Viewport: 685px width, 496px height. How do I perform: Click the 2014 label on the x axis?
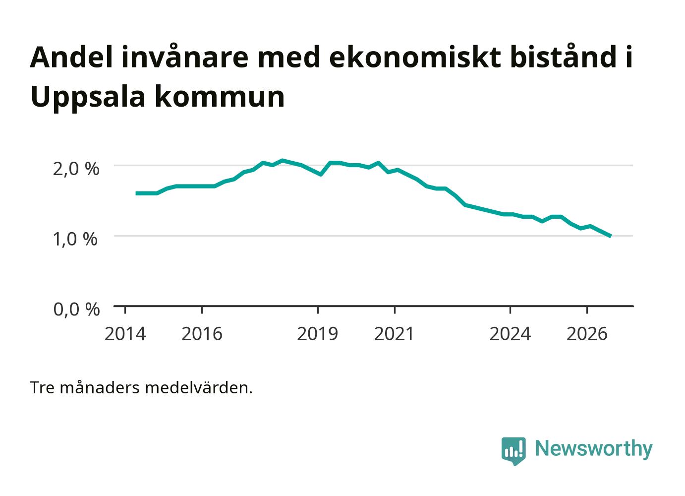click(x=125, y=334)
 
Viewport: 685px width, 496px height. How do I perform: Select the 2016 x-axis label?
click(x=202, y=334)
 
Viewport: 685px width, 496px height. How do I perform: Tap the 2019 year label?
click(x=317, y=334)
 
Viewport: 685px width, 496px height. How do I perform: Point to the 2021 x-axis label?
click(x=394, y=334)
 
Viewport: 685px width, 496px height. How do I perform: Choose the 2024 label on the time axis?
click(x=510, y=334)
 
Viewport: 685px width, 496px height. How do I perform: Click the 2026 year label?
click(x=587, y=334)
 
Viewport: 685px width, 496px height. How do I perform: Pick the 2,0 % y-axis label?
click(x=76, y=169)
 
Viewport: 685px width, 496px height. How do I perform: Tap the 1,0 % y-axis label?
click(x=75, y=239)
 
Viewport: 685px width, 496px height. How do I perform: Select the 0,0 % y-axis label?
click(x=76, y=310)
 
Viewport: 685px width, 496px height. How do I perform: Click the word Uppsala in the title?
click(x=88, y=98)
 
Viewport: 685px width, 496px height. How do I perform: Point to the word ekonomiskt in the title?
click(x=415, y=57)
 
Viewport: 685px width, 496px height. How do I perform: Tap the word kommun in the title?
click(x=220, y=98)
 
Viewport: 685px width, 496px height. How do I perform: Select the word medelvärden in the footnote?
click(x=199, y=388)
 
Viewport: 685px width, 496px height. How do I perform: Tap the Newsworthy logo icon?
click(x=514, y=451)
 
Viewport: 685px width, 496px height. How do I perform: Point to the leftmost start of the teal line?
click(x=136, y=193)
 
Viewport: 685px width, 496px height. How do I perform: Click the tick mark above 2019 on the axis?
click(x=318, y=310)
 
